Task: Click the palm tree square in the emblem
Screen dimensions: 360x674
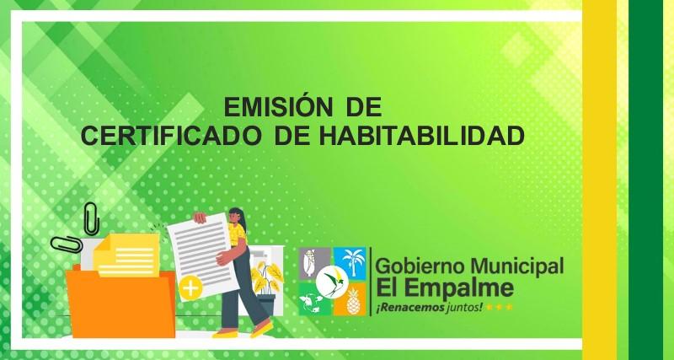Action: (x=350, y=263)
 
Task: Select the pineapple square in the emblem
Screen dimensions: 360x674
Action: (x=350, y=299)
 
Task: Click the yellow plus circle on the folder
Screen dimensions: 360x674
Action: (x=190, y=287)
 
